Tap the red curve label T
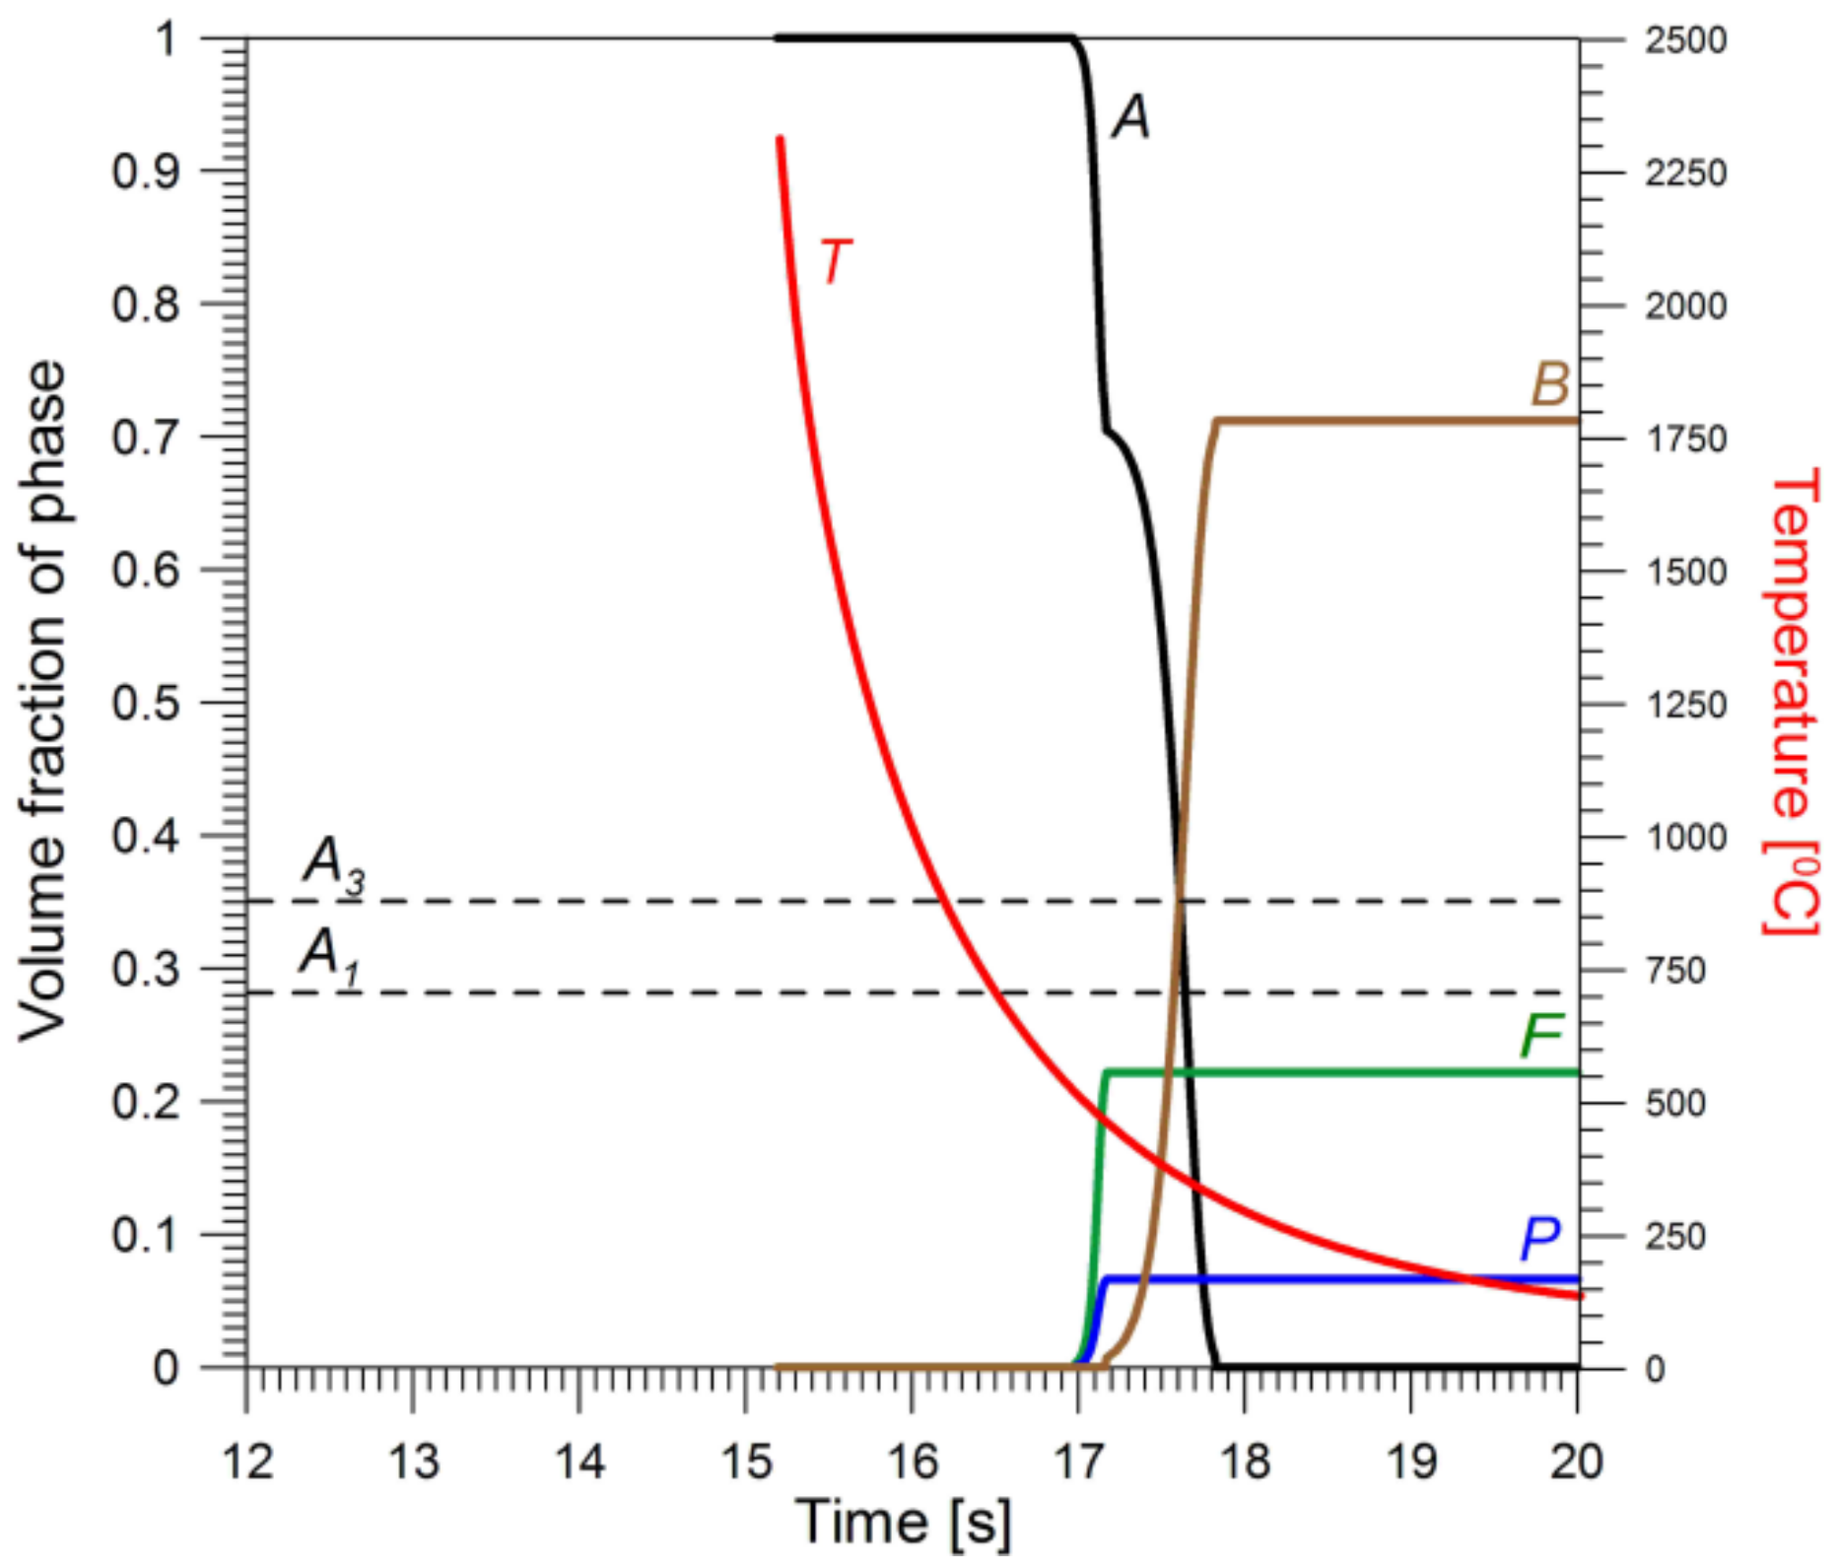(835, 262)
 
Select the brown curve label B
(1549, 383)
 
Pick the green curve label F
(1540, 1035)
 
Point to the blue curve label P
(1540, 1238)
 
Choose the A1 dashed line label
(329, 956)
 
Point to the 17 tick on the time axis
(1078, 1462)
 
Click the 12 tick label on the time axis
(246, 1462)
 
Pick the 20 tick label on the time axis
(1576, 1462)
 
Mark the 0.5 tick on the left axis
(146, 704)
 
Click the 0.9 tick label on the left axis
(146, 172)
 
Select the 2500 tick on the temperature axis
(1685, 40)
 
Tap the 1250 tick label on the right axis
(1685, 705)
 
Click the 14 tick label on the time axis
(579, 1462)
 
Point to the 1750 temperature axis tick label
(1685, 439)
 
